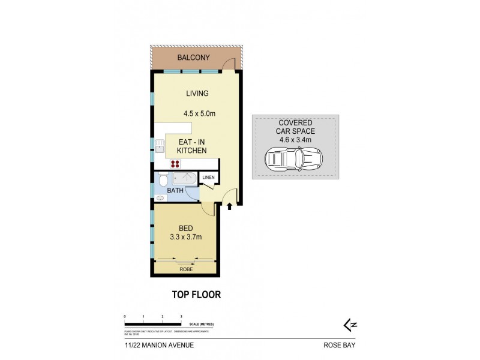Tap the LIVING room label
197,94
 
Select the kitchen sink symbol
160,146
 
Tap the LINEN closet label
208,178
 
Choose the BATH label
175,191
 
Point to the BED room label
186,228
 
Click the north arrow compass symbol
347,324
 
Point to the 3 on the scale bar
181,316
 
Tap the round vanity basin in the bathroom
160,197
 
